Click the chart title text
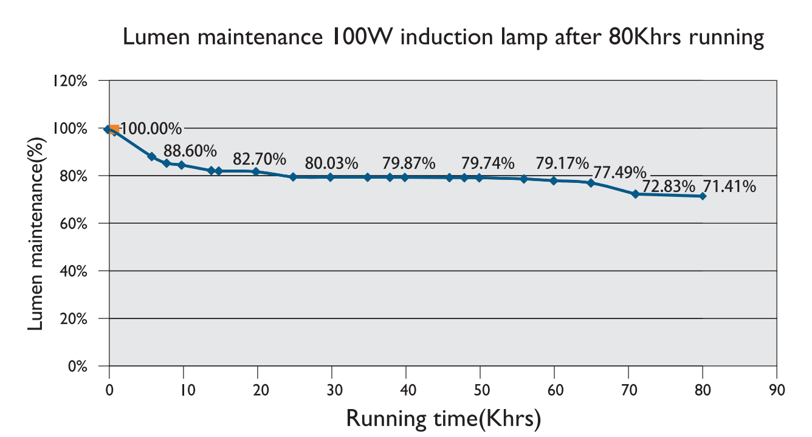point(442,38)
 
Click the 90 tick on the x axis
point(777,390)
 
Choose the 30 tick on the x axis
point(331,390)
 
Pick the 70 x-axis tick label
point(628,390)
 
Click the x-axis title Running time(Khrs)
point(443,418)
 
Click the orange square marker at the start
point(114,129)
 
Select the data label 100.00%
point(151,129)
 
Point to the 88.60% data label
point(190,150)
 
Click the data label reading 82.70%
point(260,159)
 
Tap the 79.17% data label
point(562,163)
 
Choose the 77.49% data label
point(620,173)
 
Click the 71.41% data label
point(729,186)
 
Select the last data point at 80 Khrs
point(703,196)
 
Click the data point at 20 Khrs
point(256,171)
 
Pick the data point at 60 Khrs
point(554,181)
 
